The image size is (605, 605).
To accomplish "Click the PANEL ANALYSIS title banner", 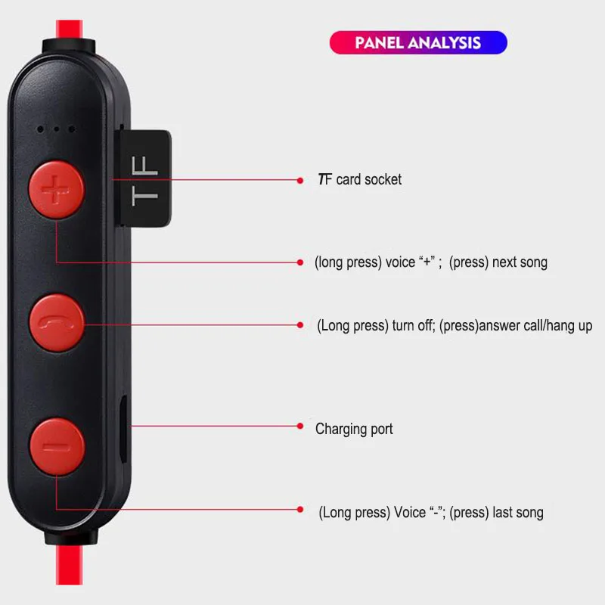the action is tap(417, 42).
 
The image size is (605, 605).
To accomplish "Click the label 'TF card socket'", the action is tap(359, 180).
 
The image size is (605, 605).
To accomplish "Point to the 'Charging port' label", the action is tap(354, 429).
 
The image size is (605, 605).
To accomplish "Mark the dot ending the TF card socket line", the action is tap(300, 180).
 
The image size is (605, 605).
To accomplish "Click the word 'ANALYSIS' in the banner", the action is tap(445, 42).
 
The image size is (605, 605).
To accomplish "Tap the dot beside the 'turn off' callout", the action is tap(300, 324).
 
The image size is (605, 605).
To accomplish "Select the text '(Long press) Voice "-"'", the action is tap(381, 513).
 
